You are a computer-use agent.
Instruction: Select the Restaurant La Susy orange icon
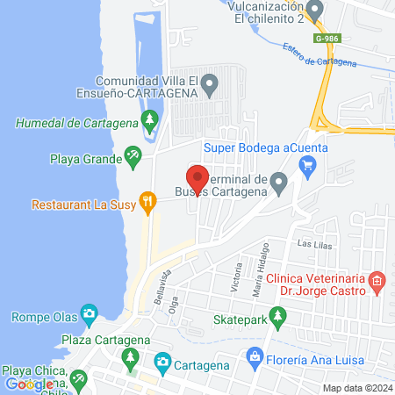(148, 204)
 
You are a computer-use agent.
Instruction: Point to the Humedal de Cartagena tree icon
(150, 118)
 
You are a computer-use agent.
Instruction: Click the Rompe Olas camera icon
(89, 313)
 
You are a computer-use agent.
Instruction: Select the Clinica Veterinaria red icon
(377, 281)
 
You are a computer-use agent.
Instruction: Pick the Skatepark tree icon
(278, 315)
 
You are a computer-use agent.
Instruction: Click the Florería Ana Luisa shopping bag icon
(255, 355)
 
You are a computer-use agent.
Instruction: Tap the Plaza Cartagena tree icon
(131, 357)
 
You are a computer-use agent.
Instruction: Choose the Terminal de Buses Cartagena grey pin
(279, 183)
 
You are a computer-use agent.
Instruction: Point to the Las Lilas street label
(316, 246)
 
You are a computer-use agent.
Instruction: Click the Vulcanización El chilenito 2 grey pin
(316, 9)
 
